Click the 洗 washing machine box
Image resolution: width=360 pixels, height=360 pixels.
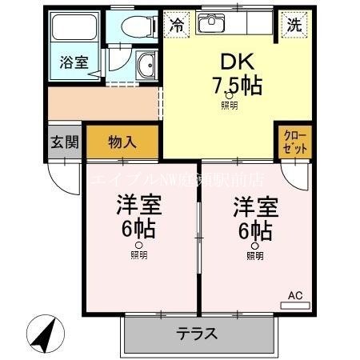tap(294, 24)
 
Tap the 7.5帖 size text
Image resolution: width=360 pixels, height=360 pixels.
tap(237, 85)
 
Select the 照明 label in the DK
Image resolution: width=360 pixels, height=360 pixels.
tap(230, 105)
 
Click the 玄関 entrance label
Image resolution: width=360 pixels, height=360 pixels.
tap(65, 143)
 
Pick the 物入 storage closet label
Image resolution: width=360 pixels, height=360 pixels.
tap(122, 142)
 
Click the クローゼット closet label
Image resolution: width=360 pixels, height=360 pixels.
tap(294, 142)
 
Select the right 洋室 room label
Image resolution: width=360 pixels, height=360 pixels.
tap(254, 206)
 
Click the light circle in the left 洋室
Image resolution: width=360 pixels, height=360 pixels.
tap(139, 246)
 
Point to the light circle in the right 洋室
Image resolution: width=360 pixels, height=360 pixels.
tap(254, 246)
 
